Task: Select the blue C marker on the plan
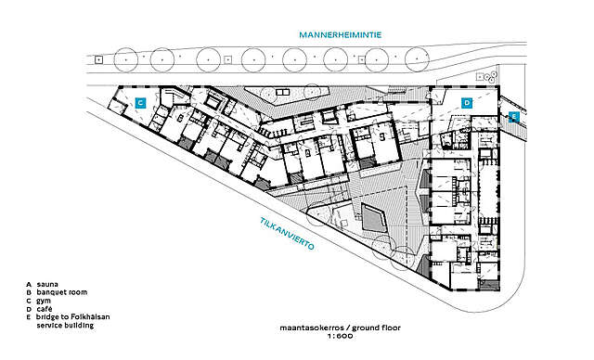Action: point(141,102)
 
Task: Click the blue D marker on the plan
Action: point(467,102)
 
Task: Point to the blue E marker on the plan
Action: point(513,117)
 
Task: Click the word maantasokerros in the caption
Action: point(307,328)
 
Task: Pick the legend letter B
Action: point(29,292)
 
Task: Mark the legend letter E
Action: point(29,318)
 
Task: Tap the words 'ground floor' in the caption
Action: point(368,328)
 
